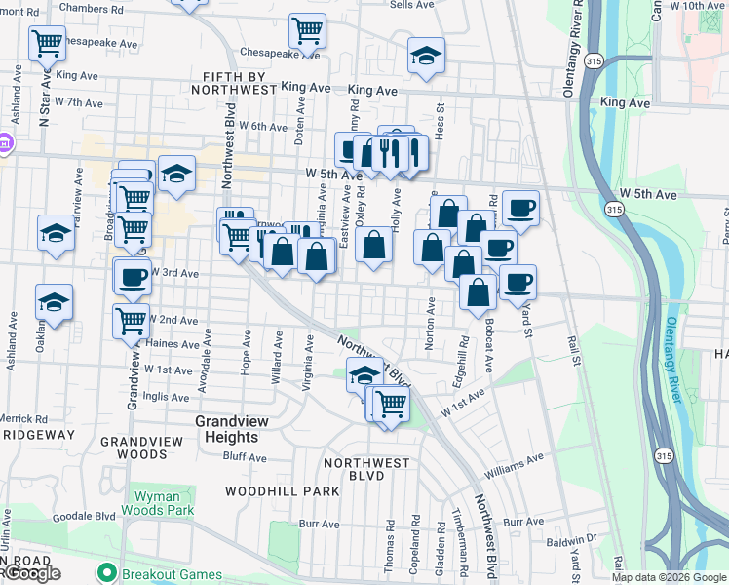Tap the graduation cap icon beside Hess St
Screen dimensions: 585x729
[x=426, y=57]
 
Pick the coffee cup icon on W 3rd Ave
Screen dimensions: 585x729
[x=133, y=276]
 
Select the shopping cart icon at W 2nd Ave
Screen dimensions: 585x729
[x=131, y=319]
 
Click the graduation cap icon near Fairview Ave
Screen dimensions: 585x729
[x=57, y=234]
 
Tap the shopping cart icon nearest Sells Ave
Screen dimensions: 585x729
[x=308, y=30]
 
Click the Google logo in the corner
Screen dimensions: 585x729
[x=31, y=573]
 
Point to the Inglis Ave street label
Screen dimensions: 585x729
[x=167, y=397]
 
